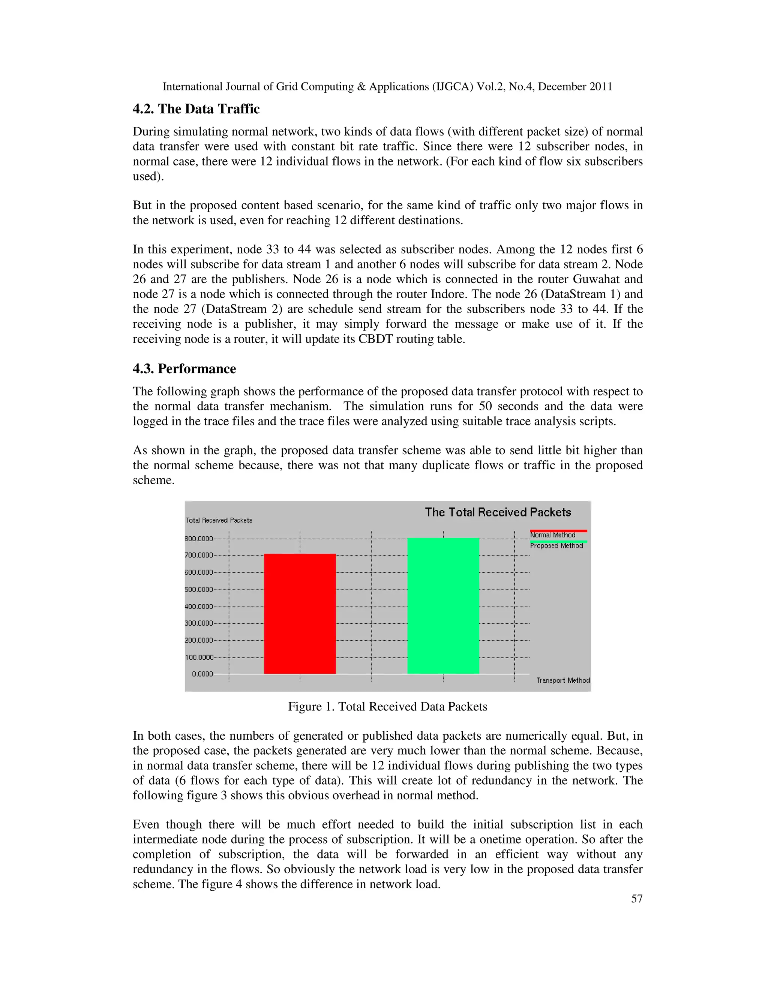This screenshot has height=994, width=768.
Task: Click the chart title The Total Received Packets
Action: pos(498,512)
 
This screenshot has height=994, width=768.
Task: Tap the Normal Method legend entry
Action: pos(553,535)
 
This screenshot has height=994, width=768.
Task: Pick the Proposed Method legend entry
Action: pos(556,546)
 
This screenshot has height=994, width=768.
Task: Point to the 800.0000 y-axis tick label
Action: pos(199,538)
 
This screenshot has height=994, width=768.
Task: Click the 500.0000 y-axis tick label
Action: pos(199,589)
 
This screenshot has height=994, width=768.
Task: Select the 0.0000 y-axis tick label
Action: pos(202,674)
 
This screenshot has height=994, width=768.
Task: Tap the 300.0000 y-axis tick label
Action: pos(199,623)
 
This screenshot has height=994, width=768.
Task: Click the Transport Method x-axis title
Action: pos(563,680)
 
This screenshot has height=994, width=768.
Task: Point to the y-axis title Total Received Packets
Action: pos(219,520)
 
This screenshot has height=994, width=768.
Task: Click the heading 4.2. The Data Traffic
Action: pos(196,109)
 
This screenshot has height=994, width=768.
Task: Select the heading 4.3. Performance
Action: pos(184,369)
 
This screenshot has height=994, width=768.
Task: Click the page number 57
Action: pos(636,898)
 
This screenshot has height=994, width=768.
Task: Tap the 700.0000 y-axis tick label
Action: pos(199,555)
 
